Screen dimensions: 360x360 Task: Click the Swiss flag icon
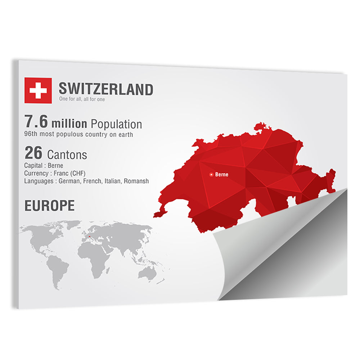pyautogui.click(x=38, y=90)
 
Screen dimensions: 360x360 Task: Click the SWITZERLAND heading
pyautogui.click(x=106, y=89)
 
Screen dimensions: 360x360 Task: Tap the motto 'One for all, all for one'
pyautogui.click(x=82, y=99)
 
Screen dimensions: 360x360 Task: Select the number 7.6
pyautogui.click(x=36, y=122)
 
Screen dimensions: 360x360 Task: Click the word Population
pyautogui.click(x=116, y=125)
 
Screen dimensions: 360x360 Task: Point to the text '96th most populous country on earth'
pyautogui.click(x=78, y=135)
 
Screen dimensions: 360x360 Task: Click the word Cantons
pyautogui.click(x=67, y=155)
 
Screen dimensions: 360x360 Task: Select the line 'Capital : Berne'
pyautogui.click(x=44, y=166)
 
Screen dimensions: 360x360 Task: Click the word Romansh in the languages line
pyautogui.click(x=136, y=181)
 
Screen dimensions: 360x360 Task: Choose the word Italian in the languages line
pyautogui.click(x=113, y=181)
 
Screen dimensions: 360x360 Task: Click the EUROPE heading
pyautogui.click(x=49, y=206)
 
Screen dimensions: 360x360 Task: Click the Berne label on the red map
pyautogui.click(x=221, y=175)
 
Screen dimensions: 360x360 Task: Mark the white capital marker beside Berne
pyautogui.click(x=211, y=175)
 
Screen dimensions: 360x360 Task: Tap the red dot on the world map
pyautogui.click(x=89, y=237)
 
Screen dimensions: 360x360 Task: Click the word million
pyautogui.click(x=69, y=124)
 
